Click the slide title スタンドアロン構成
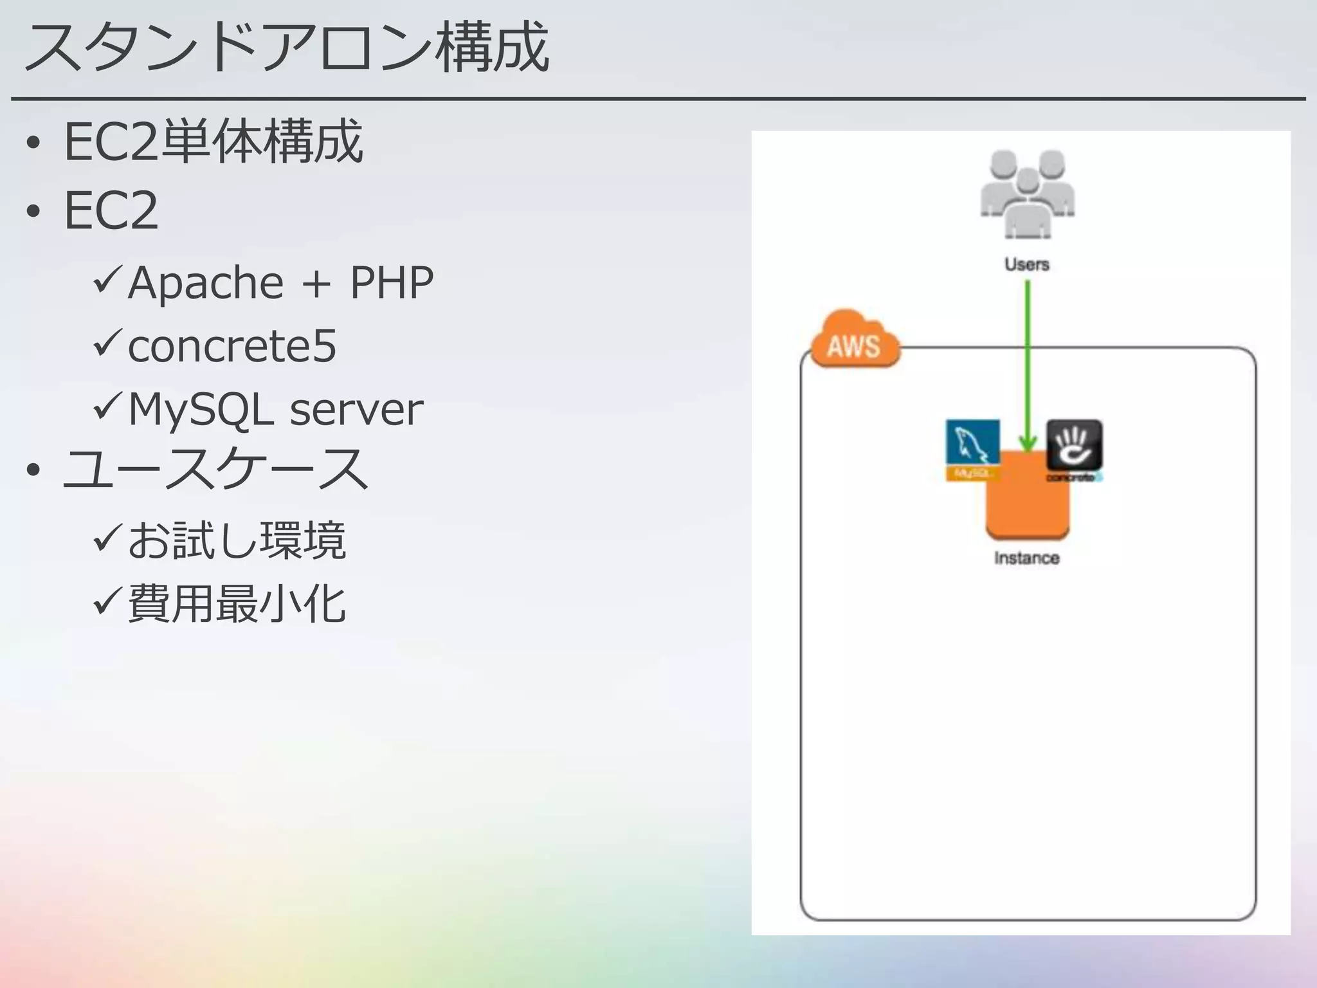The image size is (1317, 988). (x=286, y=48)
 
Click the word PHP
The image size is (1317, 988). (x=392, y=283)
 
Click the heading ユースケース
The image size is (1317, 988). (x=215, y=470)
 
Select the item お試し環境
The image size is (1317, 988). (x=237, y=540)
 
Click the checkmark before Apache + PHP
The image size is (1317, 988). (x=107, y=280)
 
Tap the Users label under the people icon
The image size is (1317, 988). (x=1027, y=264)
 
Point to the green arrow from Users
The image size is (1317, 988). (x=1028, y=360)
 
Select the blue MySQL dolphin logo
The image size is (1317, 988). (x=972, y=444)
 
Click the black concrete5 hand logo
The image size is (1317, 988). (x=1074, y=445)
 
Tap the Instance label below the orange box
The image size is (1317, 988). (x=1026, y=558)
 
